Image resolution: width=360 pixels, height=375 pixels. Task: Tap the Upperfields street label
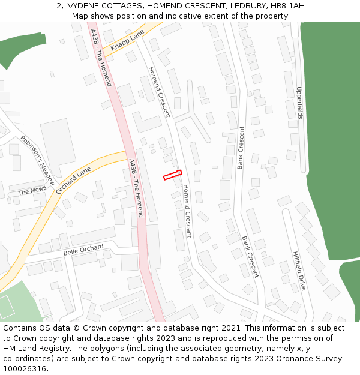[x=299, y=103]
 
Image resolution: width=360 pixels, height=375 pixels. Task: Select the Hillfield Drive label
[x=299, y=271]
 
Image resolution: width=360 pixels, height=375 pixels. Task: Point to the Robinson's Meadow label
[x=37, y=160]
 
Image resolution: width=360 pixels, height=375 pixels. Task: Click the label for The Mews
[x=31, y=192]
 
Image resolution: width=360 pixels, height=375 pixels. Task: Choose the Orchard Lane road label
[x=73, y=181]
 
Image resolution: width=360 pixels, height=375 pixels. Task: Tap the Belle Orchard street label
[x=83, y=249]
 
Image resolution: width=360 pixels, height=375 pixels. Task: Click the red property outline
[x=172, y=175]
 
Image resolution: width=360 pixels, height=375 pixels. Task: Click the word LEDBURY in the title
[x=244, y=6]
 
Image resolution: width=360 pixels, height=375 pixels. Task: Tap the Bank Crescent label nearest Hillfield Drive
[x=250, y=256]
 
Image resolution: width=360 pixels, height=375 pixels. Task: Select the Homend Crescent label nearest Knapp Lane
[x=160, y=92]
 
